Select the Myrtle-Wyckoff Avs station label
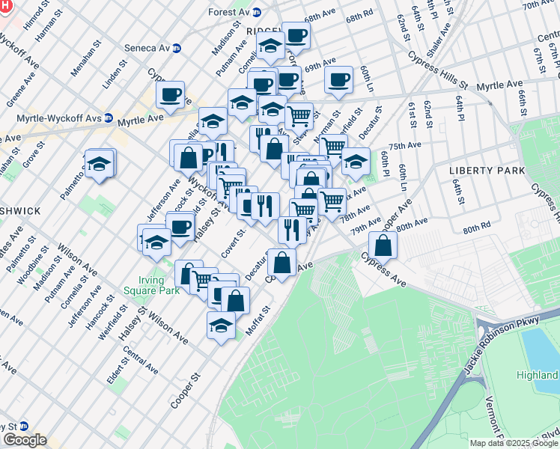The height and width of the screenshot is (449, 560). point(58,118)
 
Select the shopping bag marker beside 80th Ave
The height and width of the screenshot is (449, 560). point(383,245)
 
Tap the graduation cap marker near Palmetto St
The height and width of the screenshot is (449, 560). point(99,164)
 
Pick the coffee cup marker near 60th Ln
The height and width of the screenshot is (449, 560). point(339,79)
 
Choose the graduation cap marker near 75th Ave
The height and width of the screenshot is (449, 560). point(356,161)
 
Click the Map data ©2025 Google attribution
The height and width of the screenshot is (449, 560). point(514,443)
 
